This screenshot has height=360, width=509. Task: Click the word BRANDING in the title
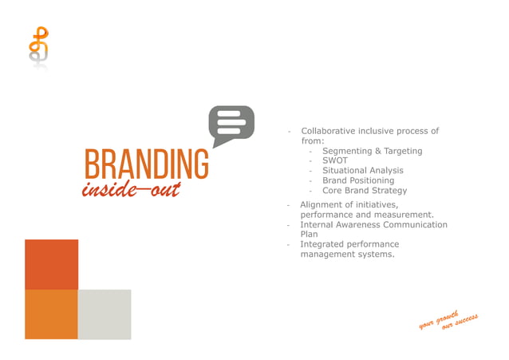(147, 164)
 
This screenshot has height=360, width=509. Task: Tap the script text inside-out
(131, 189)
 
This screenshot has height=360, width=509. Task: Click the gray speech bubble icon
(231, 125)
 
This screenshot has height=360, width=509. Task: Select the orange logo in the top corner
(37, 48)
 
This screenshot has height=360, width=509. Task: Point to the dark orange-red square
(51, 264)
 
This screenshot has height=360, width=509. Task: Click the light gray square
(105, 314)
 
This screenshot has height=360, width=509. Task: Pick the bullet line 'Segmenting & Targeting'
(372, 151)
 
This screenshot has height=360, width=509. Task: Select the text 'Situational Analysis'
(362, 170)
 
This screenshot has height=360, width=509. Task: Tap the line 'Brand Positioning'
(357, 180)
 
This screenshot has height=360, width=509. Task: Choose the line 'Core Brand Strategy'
(364, 191)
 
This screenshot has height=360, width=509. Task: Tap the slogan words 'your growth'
(438, 318)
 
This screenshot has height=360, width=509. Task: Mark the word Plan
(310, 235)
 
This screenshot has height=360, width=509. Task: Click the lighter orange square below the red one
(51, 314)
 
